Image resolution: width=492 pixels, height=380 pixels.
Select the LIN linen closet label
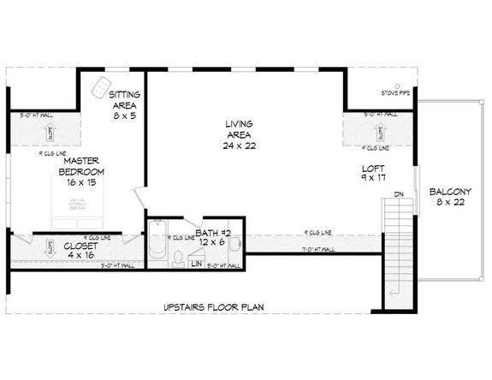pyautogui.click(x=195, y=264)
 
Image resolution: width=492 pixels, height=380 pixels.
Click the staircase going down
pyautogui.click(x=396, y=248)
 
